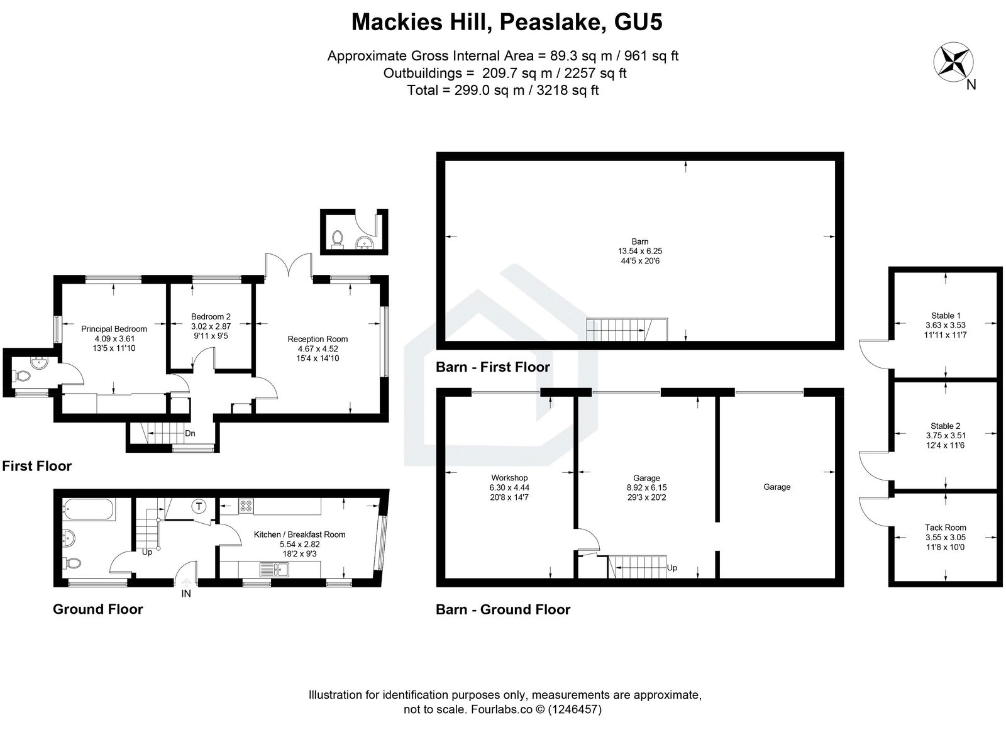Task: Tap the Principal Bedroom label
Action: [x=114, y=329]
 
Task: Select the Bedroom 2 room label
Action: [x=211, y=317]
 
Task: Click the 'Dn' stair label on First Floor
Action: [x=190, y=433]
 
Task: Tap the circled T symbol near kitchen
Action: [x=199, y=506]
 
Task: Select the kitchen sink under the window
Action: [x=274, y=570]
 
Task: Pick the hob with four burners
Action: [x=245, y=505]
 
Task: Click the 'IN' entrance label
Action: [x=186, y=593]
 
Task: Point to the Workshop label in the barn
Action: [x=509, y=478]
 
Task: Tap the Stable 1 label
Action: [x=945, y=316]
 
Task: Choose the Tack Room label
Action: [x=945, y=528]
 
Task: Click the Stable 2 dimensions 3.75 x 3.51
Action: [x=945, y=435]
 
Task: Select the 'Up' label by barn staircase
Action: [x=672, y=568]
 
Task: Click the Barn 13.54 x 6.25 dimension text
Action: [x=640, y=251]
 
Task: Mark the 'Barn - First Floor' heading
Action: [x=493, y=367]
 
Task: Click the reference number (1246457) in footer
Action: [x=575, y=709]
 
